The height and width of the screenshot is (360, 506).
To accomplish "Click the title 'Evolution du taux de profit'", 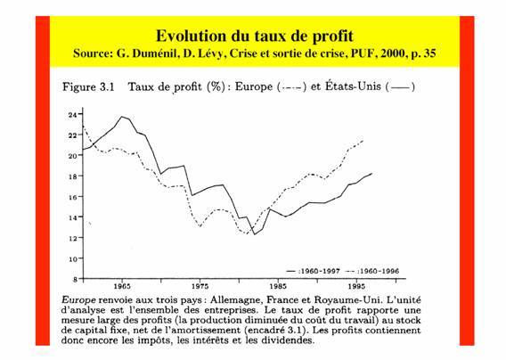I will tap(254, 36).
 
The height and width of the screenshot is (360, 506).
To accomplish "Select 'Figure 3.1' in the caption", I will tap(88, 88).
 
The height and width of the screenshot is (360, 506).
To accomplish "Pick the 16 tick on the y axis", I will tap(73, 197).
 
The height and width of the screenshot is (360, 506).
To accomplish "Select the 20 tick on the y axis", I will tap(73, 156).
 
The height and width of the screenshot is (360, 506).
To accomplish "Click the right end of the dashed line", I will tap(364, 141).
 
